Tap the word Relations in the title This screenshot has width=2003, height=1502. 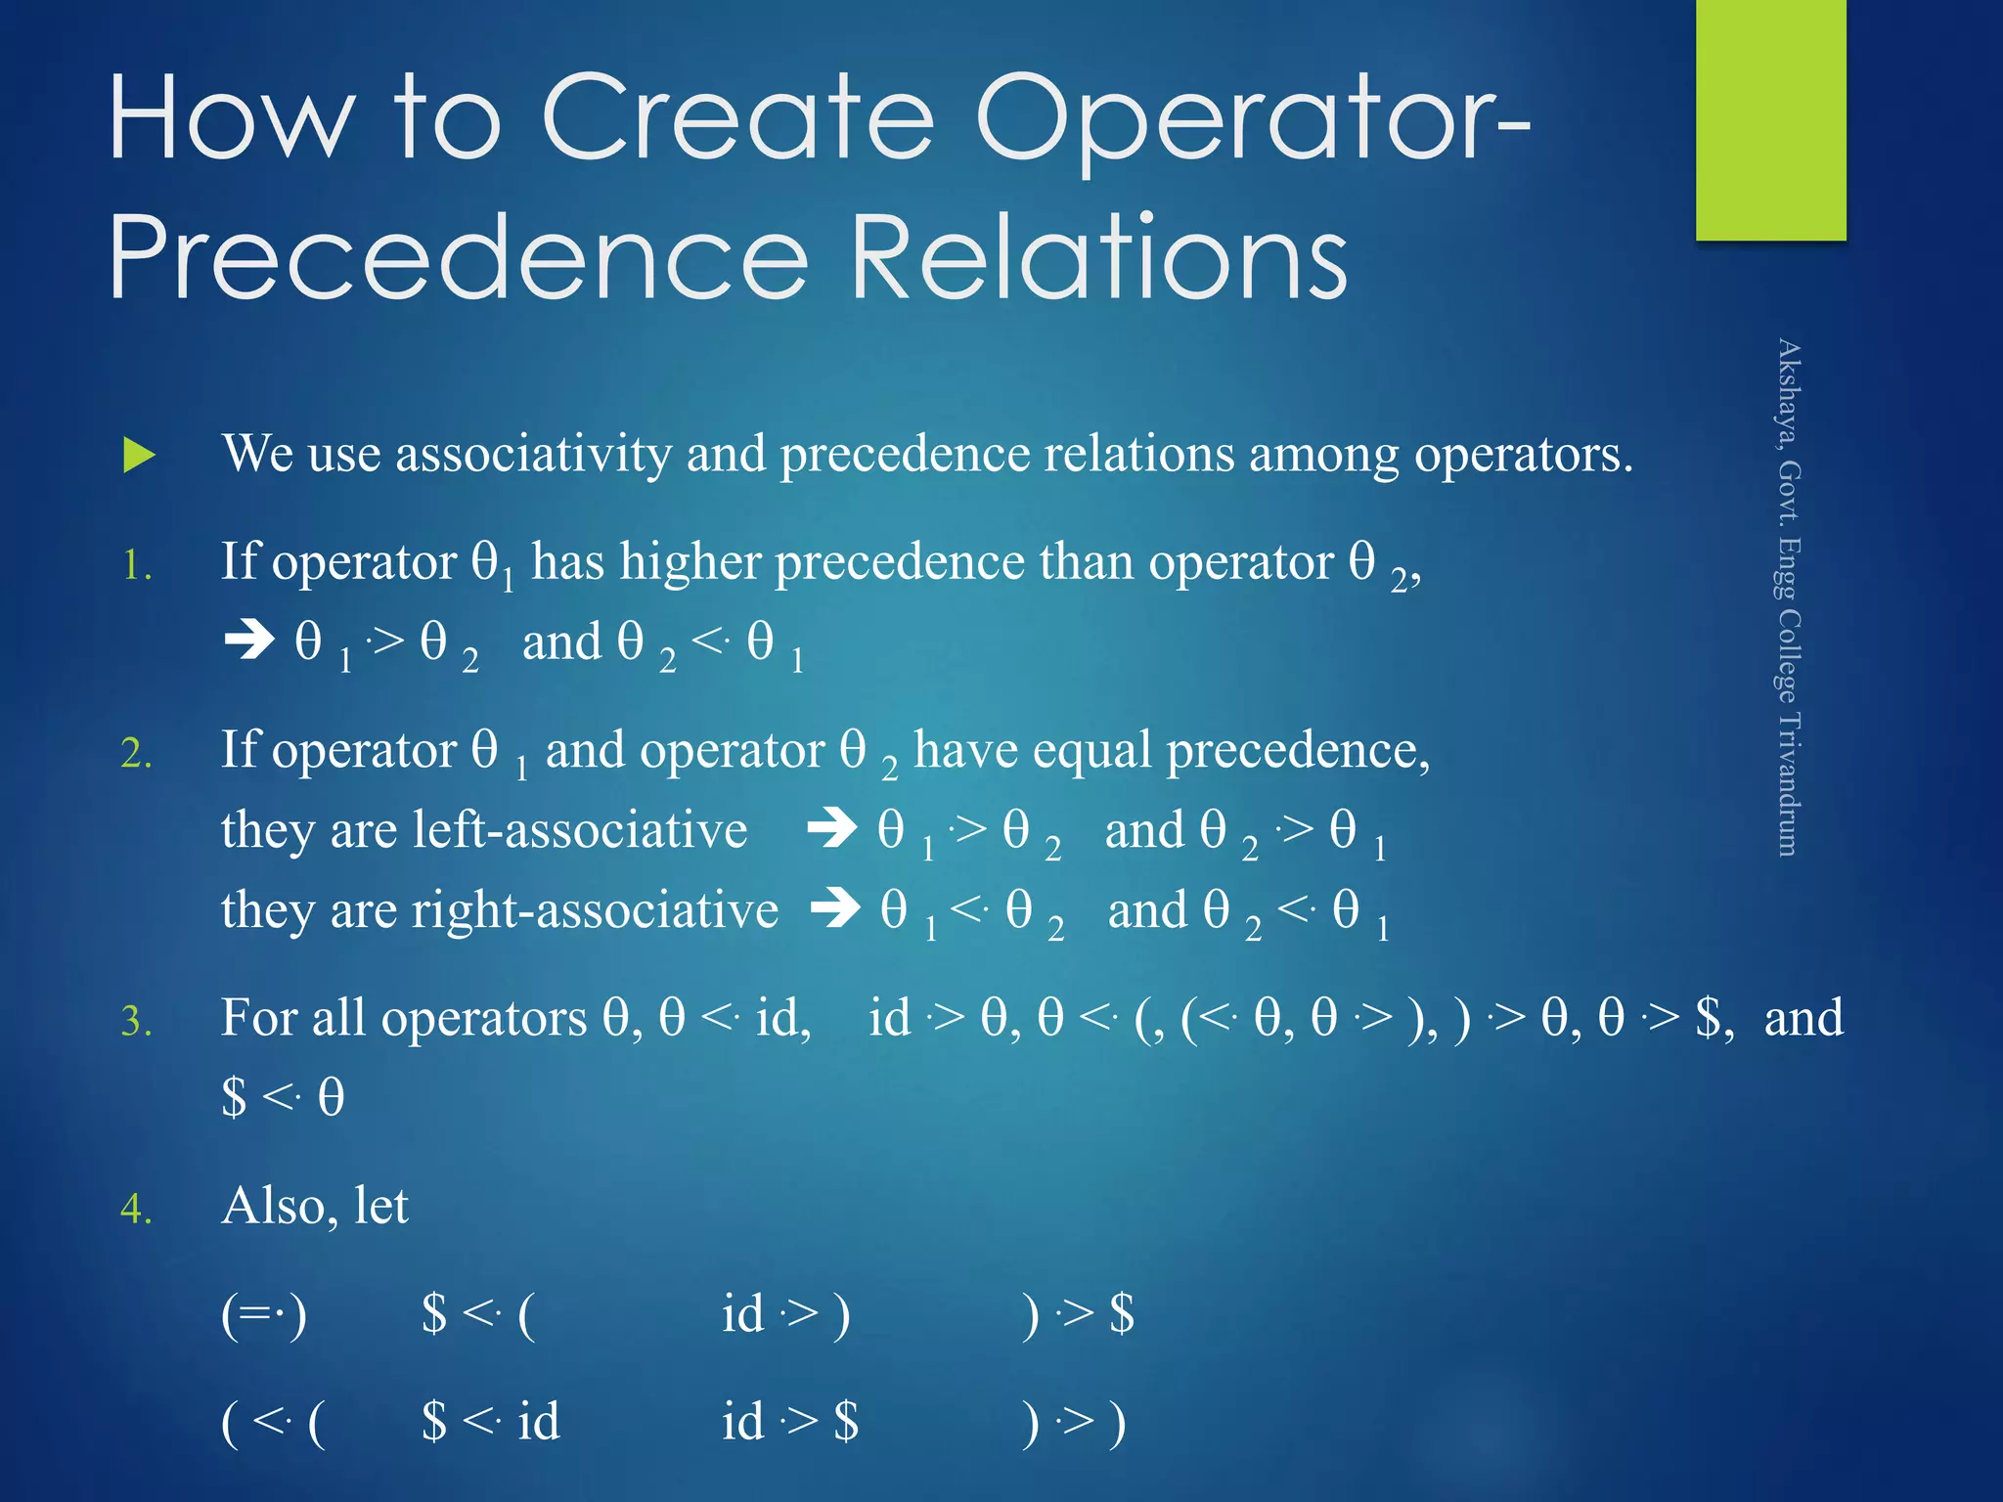point(1100,259)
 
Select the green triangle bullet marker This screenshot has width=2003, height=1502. point(140,456)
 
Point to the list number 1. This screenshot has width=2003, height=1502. point(136,566)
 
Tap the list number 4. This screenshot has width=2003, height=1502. point(136,1210)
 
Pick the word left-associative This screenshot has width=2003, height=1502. point(580,830)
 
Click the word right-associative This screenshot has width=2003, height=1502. point(596,910)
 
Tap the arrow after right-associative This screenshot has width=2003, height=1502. point(835,909)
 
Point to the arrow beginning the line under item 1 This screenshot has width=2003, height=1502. point(249,641)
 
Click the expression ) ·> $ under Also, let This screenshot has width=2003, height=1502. point(1076,1315)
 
